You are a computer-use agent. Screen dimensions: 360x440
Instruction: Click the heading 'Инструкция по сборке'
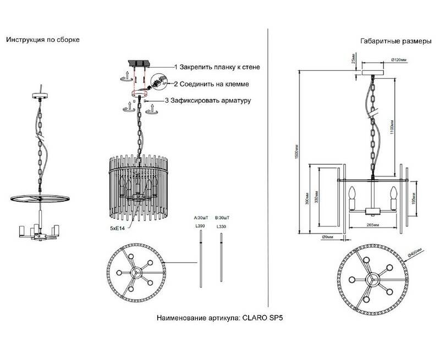[x=43, y=40]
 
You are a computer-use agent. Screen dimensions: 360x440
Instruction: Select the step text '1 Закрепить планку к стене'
[x=217, y=67]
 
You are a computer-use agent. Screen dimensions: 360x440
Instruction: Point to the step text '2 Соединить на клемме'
[x=212, y=84]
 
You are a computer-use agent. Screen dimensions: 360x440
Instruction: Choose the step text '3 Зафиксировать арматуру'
[x=208, y=101]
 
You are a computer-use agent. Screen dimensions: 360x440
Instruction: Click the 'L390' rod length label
[x=200, y=226]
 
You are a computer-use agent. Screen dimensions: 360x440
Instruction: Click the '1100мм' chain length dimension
[x=391, y=128]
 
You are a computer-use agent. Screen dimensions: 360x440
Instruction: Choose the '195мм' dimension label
[x=415, y=193]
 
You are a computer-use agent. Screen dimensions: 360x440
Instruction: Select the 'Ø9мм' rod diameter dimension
[x=328, y=237]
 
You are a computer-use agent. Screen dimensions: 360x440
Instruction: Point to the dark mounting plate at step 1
[x=140, y=65]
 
